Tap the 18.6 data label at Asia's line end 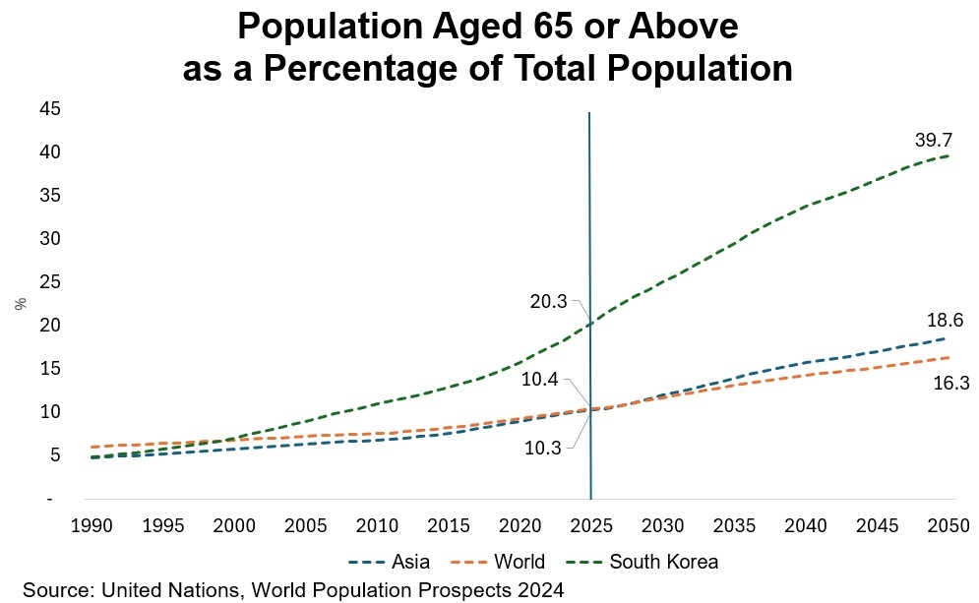click(x=944, y=321)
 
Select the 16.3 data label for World click(x=949, y=385)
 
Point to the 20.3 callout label click(x=548, y=302)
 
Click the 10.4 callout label click(x=541, y=379)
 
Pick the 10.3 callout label click(x=542, y=447)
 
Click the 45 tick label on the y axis click(x=49, y=109)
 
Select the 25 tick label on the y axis click(x=49, y=282)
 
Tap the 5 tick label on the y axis click(x=54, y=455)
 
